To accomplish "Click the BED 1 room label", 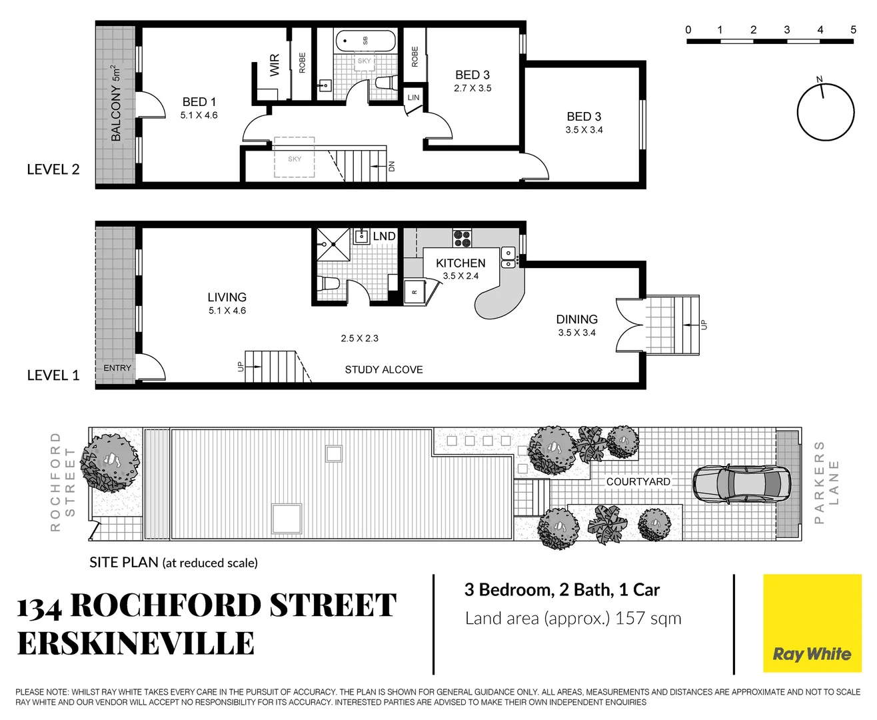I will [199, 102].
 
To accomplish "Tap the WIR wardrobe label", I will [275, 65].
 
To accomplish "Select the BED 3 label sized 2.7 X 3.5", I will [472, 75].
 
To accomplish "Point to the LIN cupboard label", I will [413, 97].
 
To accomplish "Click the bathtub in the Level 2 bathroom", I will [365, 41].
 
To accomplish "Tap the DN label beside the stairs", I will [392, 166].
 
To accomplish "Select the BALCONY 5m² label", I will [116, 103].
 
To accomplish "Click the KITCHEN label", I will [460, 263].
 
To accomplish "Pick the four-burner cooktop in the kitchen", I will [462, 238].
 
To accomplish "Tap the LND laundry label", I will [384, 236].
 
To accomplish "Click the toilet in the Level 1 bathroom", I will [329, 283].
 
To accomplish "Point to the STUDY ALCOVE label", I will [383, 369].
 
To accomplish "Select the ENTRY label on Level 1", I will [117, 368].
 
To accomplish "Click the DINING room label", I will [576, 320].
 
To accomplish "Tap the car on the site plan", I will [741, 484].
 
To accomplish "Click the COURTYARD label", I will [638, 481].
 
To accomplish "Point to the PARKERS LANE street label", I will [826, 482].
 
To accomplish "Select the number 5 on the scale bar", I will [853, 30].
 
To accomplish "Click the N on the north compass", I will [820, 80].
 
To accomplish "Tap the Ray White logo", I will [812, 654].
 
